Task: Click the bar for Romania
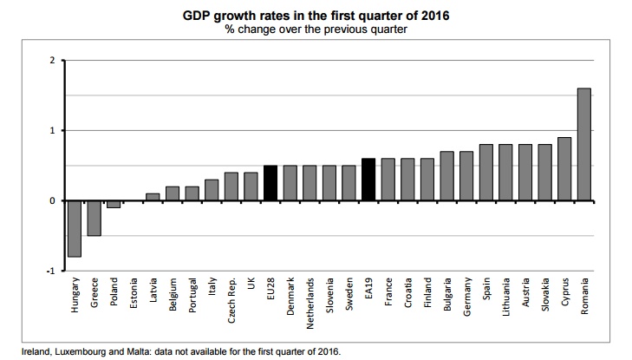click(x=583, y=144)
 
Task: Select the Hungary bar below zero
click(x=75, y=228)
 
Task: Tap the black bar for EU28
click(x=270, y=183)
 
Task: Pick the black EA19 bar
click(x=368, y=180)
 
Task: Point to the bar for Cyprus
click(x=564, y=168)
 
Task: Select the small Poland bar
click(x=114, y=204)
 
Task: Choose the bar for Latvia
click(x=153, y=197)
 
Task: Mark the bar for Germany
click(x=466, y=176)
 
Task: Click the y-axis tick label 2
click(x=52, y=60)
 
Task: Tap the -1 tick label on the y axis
click(x=50, y=271)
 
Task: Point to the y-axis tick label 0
click(x=52, y=200)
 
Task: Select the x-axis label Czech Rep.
click(x=232, y=299)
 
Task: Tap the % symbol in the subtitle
click(x=228, y=29)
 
